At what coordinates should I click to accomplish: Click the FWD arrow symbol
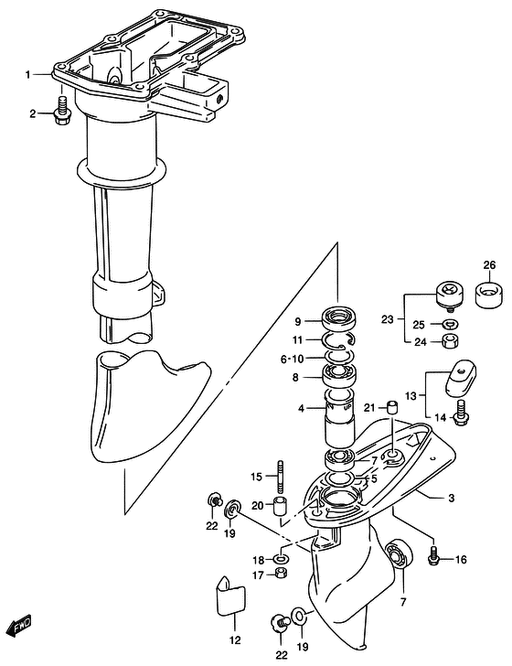click(20, 625)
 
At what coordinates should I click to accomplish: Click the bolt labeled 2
click(62, 111)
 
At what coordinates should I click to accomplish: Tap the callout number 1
click(28, 75)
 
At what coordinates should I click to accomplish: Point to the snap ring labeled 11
click(338, 339)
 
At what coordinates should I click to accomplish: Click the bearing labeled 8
click(339, 376)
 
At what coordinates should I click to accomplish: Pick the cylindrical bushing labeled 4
click(339, 416)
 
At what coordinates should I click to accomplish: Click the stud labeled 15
click(280, 476)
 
